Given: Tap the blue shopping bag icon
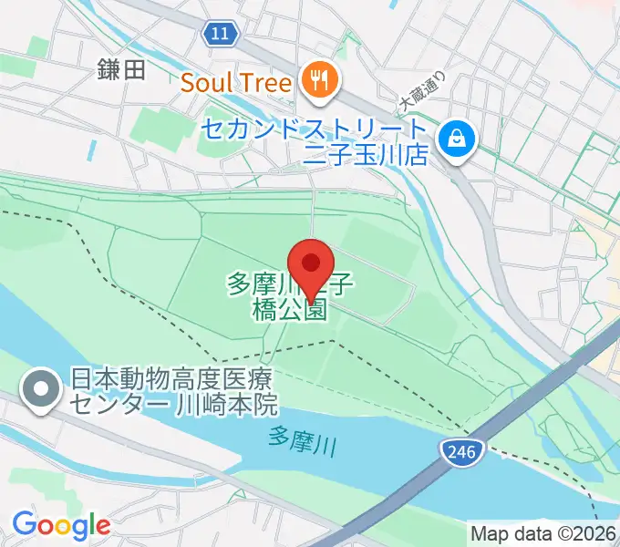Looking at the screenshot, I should click(452, 139).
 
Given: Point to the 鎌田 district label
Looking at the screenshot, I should click(121, 70).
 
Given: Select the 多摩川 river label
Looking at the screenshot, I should click(304, 440).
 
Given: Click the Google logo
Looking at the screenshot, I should click(61, 526).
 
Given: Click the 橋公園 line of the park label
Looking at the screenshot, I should click(288, 309).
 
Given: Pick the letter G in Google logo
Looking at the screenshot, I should click(24, 525).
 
